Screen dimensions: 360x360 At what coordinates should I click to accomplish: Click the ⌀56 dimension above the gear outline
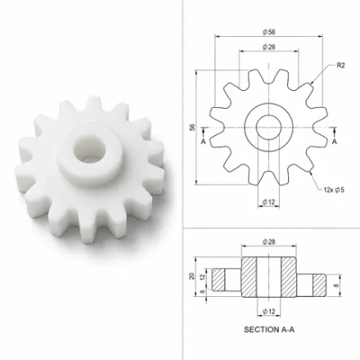(x=269, y=32)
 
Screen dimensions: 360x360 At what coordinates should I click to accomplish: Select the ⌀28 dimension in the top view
(x=269, y=47)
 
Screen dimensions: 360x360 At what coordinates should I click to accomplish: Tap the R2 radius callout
(x=341, y=65)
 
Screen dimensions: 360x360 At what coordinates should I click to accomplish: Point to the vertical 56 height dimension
(x=192, y=127)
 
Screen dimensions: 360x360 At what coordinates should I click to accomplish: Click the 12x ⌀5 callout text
(x=334, y=190)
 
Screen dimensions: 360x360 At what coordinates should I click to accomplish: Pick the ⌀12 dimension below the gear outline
(x=268, y=202)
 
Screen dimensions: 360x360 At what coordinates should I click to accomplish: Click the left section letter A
(x=203, y=142)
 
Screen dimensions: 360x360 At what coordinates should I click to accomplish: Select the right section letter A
(x=335, y=142)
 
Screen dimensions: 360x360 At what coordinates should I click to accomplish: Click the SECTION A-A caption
(x=269, y=330)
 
